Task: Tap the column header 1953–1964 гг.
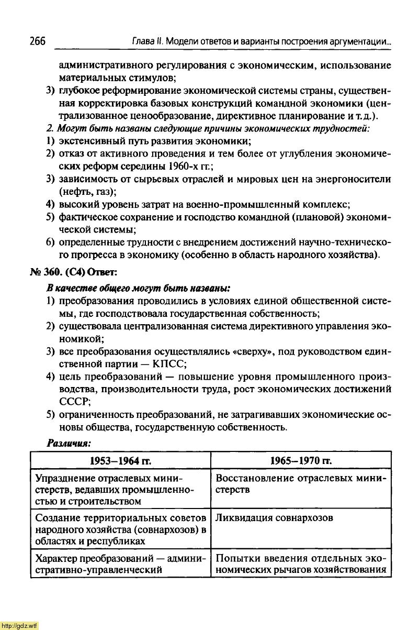pos(120,460)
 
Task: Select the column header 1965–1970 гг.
pos(301,460)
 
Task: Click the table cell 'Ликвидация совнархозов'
pos(274,518)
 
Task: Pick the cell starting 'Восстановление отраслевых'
pos(301,484)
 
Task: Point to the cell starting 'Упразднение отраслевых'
pos(120,490)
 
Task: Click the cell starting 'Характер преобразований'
pos(120,563)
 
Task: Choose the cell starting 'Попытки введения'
pos(301,563)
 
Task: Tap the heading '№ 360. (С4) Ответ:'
pos(73,273)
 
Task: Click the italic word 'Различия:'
pos(69,443)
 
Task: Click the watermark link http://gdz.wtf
pos(20,625)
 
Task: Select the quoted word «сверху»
pos(246,351)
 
